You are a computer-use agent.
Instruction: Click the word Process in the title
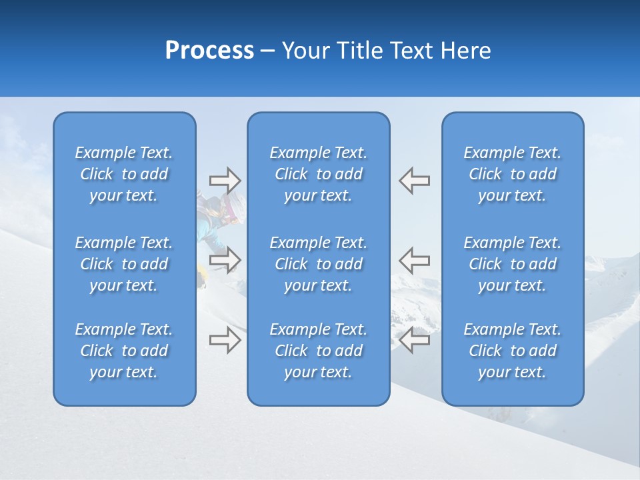(209, 51)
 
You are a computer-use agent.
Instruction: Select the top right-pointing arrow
(225, 181)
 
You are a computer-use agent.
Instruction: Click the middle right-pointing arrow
(225, 260)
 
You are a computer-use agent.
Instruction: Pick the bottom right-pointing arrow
(225, 340)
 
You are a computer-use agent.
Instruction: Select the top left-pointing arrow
(414, 181)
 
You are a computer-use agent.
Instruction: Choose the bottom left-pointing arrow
(414, 340)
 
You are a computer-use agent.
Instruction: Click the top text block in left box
(124, 174)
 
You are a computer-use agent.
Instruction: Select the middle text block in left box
(124, 264)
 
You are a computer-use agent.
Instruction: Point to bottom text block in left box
(124, 351)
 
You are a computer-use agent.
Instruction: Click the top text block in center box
(318, 174)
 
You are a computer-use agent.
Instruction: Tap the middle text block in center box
(318, 264)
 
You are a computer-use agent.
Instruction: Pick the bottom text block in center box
(318, 351)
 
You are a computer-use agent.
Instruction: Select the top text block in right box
(512, 174)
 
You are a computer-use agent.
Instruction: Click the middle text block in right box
(512, 264)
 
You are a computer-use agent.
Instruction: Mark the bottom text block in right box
(512, 351)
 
